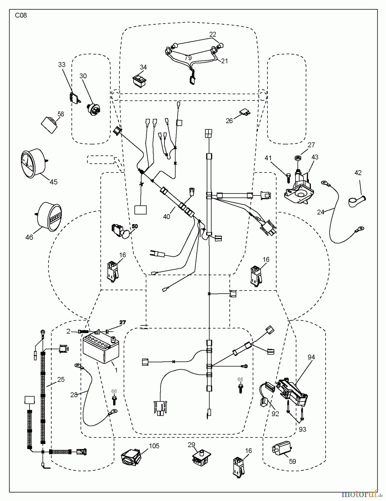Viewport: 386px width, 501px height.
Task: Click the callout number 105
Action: coord(154,446)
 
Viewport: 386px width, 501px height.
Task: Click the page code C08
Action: coord(21,16)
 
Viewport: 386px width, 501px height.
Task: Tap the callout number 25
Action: coord(61,379)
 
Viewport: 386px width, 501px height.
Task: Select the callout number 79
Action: coord(188,58)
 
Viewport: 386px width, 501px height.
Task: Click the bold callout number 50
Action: coord(135,226)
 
